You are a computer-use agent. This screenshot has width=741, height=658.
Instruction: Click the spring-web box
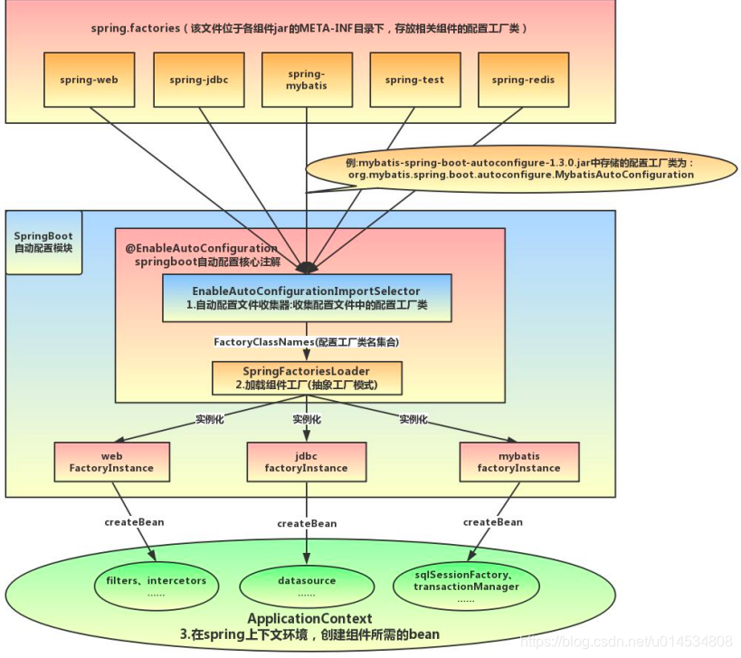click(90, 80)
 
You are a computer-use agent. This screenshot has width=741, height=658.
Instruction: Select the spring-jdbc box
click(198, 80)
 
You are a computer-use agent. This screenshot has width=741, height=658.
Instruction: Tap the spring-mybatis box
click(307, 80)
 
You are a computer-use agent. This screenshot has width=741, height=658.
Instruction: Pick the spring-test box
click(414, 80)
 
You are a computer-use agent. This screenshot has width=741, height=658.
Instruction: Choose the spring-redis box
click(523, 80)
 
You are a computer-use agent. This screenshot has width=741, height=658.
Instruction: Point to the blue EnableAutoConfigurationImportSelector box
click(307, 299)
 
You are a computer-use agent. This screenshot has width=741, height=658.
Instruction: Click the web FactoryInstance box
click(111, 462)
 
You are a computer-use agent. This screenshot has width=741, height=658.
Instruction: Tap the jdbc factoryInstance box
click(306, 462)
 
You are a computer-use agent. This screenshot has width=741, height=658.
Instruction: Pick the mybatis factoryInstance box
click(518, 462)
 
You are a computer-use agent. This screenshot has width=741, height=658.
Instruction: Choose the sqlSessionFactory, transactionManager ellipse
click(466, 586)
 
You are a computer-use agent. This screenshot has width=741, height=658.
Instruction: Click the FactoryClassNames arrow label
click(306, 342)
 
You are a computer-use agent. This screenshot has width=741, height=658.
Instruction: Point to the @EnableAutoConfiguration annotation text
click(201, 248)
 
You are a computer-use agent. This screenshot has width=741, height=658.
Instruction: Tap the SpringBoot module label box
click(43, 242)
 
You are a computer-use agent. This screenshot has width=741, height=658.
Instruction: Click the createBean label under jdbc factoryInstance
click(307, 523)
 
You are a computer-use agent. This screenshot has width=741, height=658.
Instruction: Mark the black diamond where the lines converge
click(307, 267)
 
